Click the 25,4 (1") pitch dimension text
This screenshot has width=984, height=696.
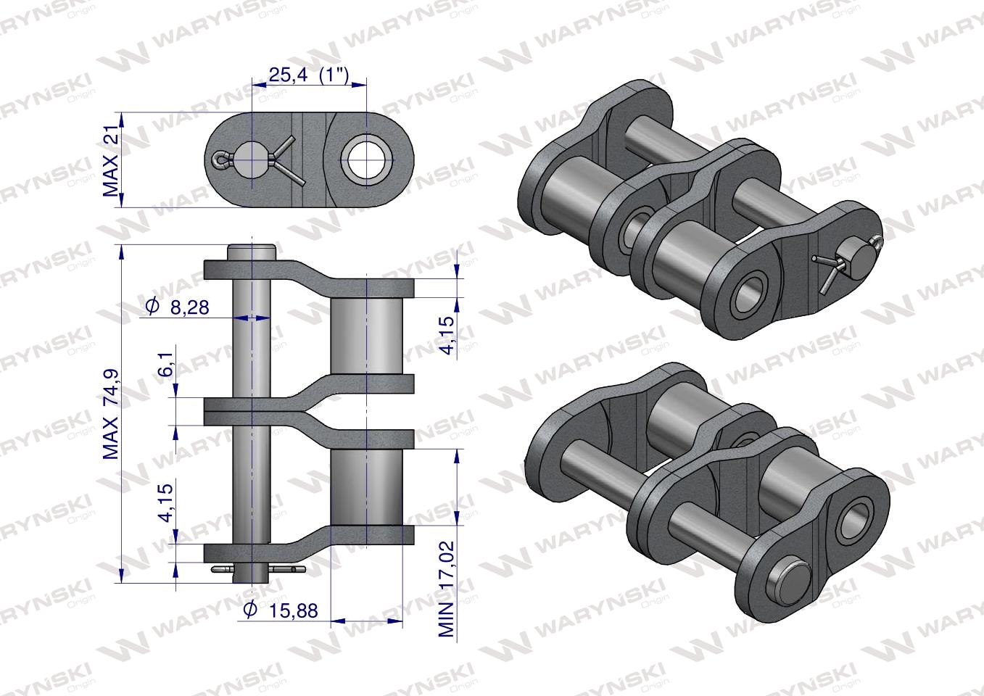tap(309, 75)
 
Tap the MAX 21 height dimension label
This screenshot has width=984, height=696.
tap(111, 159)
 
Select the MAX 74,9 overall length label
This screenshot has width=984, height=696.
tap(111, 414)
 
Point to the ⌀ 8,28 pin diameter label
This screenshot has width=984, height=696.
tap(177, 307)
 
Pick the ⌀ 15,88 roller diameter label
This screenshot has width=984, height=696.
tap(281, 610)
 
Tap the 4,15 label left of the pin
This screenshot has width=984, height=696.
tap(166, 503)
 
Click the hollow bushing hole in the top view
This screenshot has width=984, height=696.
tap(366, 159)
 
